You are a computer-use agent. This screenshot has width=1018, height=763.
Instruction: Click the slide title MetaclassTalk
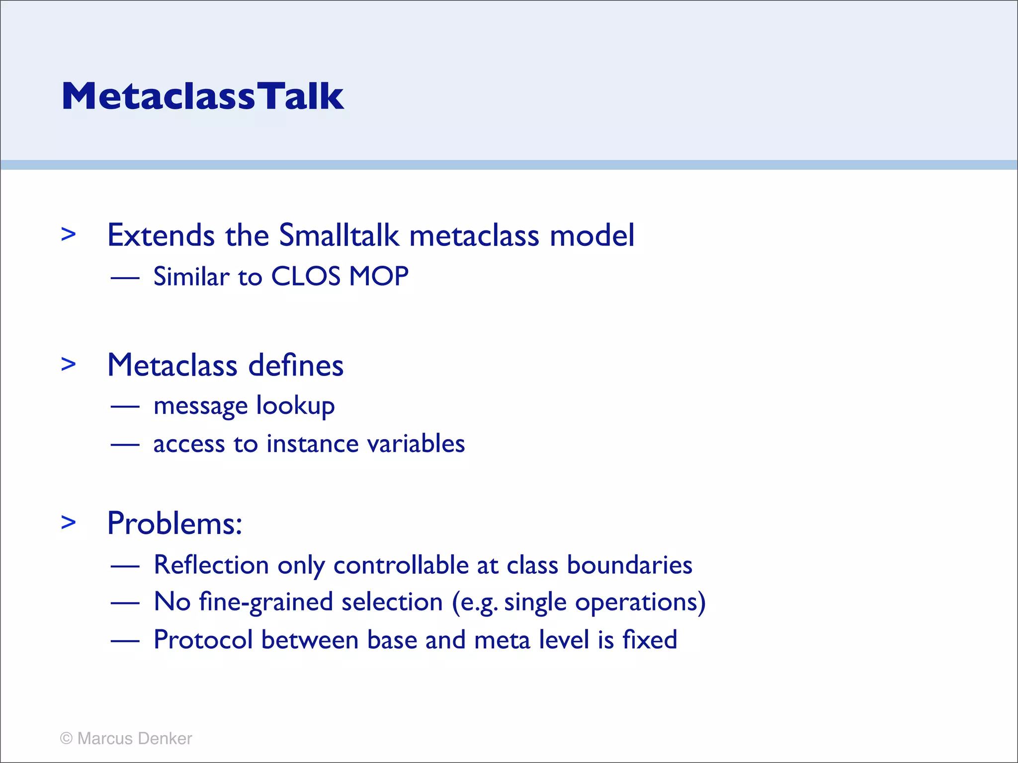tap(202, 96)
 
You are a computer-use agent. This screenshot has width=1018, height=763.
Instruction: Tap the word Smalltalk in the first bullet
tap(339, 235)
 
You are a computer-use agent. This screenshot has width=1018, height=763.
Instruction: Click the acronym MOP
tap(379, 276)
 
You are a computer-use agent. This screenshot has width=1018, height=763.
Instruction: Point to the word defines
tap(296, 366)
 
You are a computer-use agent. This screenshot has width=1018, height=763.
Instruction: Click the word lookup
tap(295, 406)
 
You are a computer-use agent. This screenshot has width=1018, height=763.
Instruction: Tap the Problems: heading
tap(175, 524)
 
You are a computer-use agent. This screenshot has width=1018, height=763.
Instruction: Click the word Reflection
tap(211, 565)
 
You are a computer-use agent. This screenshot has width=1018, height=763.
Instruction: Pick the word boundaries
tap(629, 565)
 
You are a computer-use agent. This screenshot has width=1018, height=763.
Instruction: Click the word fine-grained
tap(266, 603)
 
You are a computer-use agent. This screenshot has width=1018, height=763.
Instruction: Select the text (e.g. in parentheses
tap(475, 603)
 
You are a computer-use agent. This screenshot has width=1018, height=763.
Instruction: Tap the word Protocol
tap(203, 640)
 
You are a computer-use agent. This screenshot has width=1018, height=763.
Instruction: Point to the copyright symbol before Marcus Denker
tap(66, 739)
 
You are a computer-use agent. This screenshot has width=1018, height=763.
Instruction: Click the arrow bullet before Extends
tap(69, 234)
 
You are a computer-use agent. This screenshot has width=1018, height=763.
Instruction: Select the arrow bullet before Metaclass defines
tap(69, 364)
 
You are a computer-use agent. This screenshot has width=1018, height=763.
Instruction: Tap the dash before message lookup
tap(125, 407)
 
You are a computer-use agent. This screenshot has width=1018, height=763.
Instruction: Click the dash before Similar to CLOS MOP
tap(125, 278)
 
